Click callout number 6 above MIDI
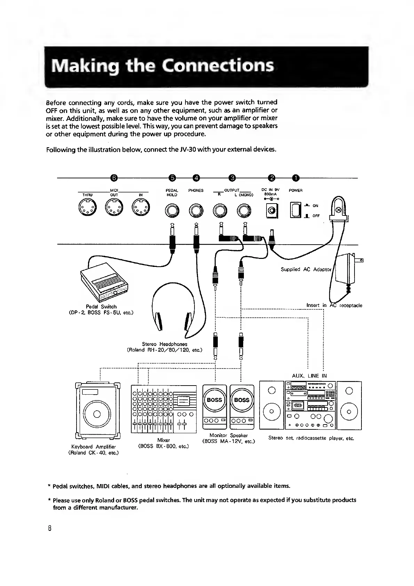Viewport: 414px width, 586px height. [x=114, y=178]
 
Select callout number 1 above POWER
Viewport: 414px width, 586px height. [x=295, y=178]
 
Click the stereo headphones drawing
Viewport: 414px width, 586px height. [x=173, y=310]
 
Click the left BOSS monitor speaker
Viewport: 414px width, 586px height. [x=214, y=406]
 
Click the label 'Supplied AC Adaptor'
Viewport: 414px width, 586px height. [x=306, y=269]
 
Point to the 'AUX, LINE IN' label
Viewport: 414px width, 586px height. [x=309, y=376]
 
